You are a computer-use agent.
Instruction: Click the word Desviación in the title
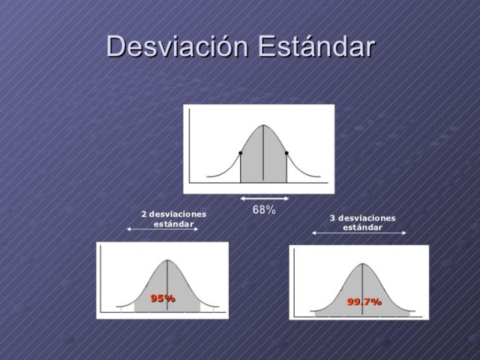pos(177,46)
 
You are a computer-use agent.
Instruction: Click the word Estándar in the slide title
pos(316,46)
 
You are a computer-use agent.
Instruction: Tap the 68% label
pos(264,210)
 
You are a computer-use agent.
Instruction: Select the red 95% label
pos(163,298)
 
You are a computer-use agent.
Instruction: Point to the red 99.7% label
pos(364,301)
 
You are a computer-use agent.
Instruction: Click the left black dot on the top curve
pos(240,153)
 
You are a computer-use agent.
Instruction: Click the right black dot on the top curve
pos(286,153)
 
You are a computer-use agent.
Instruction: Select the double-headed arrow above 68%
pos(264,199)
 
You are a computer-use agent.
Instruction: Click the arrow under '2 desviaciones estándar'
pos(163,229)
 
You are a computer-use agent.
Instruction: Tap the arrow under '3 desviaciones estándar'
pos(358,233)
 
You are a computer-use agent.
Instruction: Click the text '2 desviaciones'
pos(173,214)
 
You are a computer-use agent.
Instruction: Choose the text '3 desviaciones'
pos(362,218)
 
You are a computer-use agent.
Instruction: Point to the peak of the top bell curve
pos(263,124)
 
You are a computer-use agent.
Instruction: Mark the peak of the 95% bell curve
pos(166,260)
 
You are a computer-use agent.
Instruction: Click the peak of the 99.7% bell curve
pos(362,264)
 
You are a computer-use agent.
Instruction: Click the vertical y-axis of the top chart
pos(190,146)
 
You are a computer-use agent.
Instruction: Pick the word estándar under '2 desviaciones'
pos(173,223)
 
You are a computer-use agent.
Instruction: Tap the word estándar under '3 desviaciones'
pos(362,227)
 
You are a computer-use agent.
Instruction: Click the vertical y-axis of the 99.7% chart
pos(295,281)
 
